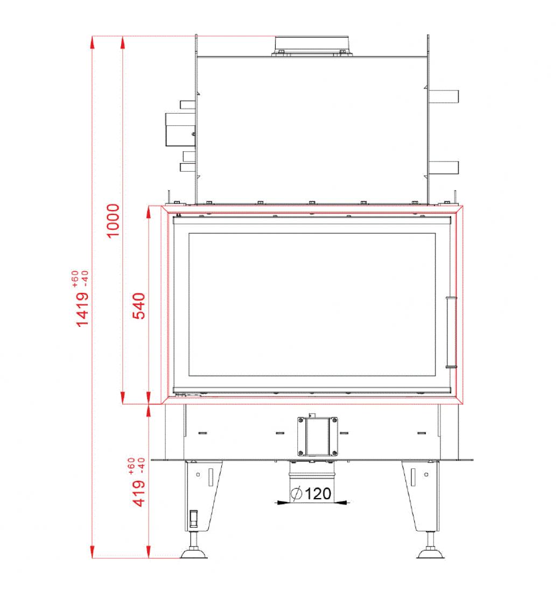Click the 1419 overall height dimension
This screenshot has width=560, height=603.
(x=82, y=309)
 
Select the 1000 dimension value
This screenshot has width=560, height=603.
(x=113, y=221)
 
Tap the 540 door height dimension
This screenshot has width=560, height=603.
(x=139, y=306)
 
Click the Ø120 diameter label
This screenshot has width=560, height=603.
(x=312, y=493)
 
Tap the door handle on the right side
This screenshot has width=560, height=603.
(x=451, y=332)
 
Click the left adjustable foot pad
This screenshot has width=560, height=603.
(x=193, y=553)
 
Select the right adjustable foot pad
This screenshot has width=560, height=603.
(x=431, y=553)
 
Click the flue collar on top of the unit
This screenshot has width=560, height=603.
(x=312, y=46)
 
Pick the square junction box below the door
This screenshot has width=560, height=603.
(x=318, y=437)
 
